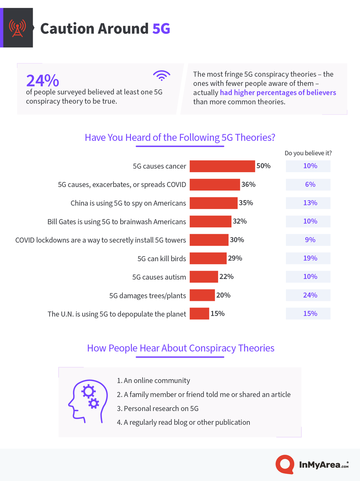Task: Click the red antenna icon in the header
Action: (17, 28)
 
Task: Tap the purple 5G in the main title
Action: (161, 28)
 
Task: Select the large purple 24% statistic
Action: (42, 80)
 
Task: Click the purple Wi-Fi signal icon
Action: (161, 76)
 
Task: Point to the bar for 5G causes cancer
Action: (222, 166)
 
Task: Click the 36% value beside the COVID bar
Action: (248, 184)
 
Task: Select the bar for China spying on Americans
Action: (213, 203)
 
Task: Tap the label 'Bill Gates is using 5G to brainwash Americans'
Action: (117, 222)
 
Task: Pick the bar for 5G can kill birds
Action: (208, 258)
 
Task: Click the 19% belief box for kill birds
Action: (308, 258)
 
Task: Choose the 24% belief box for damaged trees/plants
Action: (308, 295)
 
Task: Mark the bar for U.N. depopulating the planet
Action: (199, 313)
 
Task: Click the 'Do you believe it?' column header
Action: (308, 153)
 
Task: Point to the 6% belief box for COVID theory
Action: (308, 184)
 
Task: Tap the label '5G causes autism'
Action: (159, 277)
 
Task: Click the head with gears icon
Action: (88, 401)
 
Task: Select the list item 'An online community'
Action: (153, 380)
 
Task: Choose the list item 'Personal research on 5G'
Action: (158, 409)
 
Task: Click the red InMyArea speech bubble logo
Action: (285, 464)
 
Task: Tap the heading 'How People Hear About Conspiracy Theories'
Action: (181, 348)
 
